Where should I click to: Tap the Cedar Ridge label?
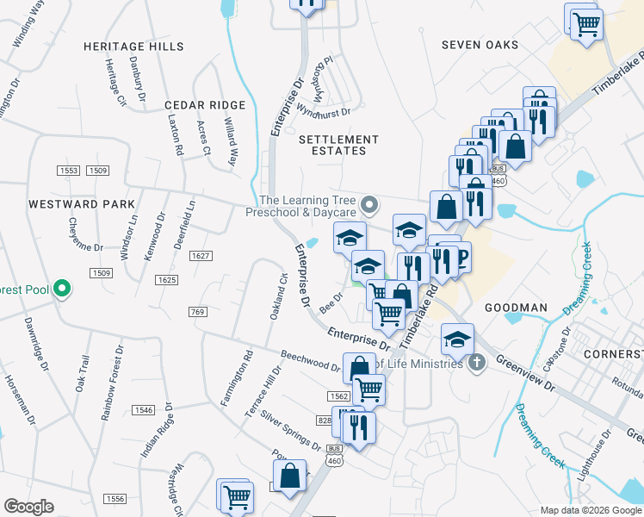click(x=205, y=105)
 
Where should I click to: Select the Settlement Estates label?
click(x=338, y=145)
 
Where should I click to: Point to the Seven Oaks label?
click(x=480, y=45)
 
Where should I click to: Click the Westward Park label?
click(x=82, y=204)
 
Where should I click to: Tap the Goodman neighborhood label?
click(x=516, y=308)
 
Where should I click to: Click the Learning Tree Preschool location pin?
click(x=370, y=205)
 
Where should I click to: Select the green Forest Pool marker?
click(x=62, y=289)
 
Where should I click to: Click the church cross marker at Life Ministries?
click(x=479, y=363)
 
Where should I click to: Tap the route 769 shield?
click(x=198, y=311)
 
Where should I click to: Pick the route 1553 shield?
click(x=68, y=171)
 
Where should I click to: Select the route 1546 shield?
click(x=143, y=410)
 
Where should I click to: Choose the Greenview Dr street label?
click(x=525, y=374)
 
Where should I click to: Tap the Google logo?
click(x=28, y=507)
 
